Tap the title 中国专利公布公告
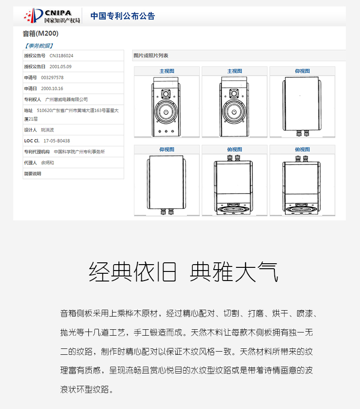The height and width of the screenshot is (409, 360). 123,16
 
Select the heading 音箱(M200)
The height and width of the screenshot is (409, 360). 41,33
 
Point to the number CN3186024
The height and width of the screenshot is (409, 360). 62,56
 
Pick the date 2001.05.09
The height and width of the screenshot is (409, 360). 61,66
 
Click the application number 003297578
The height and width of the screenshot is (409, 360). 52,77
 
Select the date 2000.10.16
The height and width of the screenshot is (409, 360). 52,88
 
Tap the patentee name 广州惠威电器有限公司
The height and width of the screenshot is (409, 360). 67,99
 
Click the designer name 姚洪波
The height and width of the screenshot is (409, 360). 48,130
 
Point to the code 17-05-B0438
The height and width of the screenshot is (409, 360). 57,141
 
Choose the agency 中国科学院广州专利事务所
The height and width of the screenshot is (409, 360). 79,152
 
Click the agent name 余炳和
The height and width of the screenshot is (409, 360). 47,163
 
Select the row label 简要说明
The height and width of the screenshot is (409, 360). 32,174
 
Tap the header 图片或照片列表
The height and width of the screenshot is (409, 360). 151,56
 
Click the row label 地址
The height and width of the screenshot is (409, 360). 28,110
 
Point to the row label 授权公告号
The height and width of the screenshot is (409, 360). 35,56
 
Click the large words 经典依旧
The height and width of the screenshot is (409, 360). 133,272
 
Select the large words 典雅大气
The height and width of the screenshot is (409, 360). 234,272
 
